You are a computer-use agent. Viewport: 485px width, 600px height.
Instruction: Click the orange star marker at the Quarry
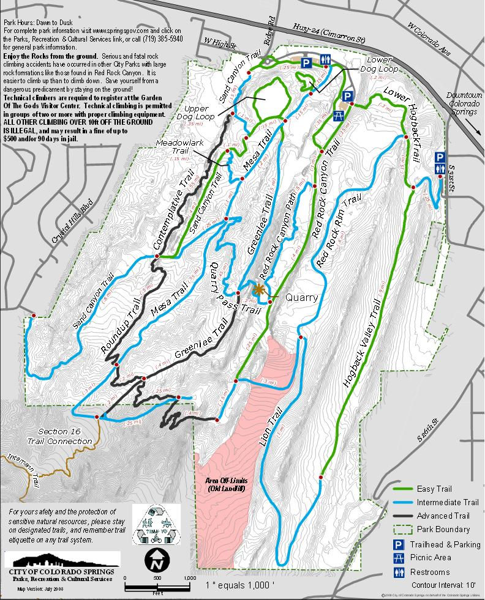(x=260, y=289)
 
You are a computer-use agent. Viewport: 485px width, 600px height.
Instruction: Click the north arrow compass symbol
(x=155, y=558)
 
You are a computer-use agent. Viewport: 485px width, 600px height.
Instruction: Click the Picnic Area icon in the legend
(x=399, y=558)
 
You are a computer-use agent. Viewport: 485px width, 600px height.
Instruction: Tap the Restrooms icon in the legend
(x=399, y=572)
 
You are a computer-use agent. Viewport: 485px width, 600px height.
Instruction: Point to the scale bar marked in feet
(x=157, y=587)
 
